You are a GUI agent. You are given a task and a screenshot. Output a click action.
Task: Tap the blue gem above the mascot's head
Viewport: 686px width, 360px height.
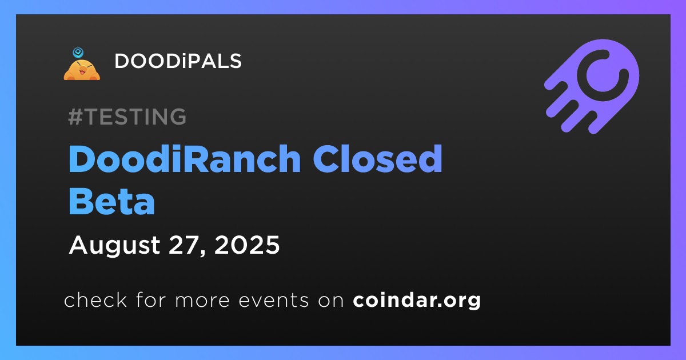click(78, 53)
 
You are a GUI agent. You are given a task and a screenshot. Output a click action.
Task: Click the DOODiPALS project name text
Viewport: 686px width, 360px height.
click(178, 61)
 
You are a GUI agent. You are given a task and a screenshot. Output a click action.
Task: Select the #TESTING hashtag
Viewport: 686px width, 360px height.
click(127, 117)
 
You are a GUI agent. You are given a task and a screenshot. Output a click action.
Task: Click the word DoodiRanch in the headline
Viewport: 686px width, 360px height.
click(185, 159)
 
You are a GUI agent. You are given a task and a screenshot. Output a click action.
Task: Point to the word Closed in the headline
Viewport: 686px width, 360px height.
click(377, 159)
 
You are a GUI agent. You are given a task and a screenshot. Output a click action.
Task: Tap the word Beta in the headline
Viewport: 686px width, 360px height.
click(112, 201)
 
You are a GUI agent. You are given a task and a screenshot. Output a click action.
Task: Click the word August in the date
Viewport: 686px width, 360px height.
click(114, 246)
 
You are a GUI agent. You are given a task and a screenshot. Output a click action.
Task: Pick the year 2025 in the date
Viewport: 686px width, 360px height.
click(247, 245)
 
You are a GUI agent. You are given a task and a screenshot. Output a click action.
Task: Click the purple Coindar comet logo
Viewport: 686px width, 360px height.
click(592, 86)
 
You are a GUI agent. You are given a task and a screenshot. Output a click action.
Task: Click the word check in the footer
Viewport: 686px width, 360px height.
click(95, 299)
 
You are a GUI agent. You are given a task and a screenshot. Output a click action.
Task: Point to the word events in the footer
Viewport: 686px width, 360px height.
click(274, 300)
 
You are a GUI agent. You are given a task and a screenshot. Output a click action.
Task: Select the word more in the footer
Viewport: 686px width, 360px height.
click(202, 301)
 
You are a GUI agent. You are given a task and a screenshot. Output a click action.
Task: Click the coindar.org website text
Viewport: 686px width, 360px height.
click(417, 301)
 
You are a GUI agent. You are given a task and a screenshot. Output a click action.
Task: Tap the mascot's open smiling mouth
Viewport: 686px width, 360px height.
click(82, 72)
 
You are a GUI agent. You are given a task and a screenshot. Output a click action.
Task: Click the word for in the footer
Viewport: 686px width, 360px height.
click(151, 299)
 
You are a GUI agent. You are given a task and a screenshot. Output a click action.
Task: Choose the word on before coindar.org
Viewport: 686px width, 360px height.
click(331, 301)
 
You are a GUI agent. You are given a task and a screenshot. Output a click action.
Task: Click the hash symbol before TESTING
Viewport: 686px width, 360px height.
click(75, 117)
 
